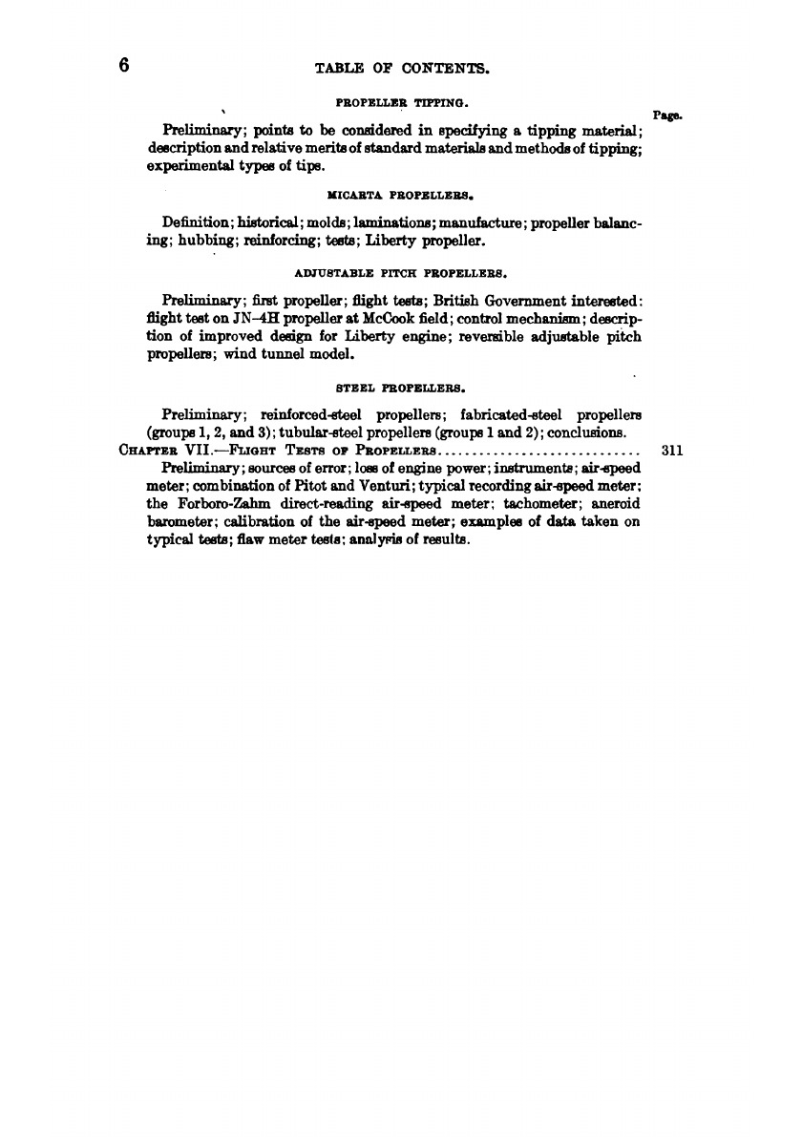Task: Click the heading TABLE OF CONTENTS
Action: point(401,68)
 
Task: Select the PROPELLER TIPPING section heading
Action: point(401,99)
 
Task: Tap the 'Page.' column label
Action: point(665,115)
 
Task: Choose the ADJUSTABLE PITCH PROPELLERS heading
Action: point(401,270)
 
